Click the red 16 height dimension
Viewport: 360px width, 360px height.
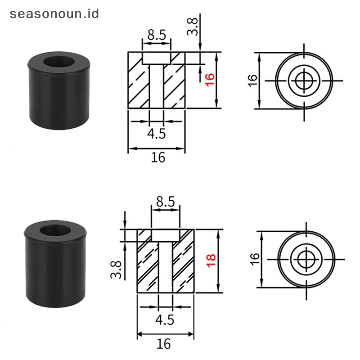click(209, 80)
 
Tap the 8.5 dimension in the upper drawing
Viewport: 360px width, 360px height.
click(157, 35)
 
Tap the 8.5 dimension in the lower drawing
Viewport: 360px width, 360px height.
click(165, 202)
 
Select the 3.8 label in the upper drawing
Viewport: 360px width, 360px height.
click(193, 27)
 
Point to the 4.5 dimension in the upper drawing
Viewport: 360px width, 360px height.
click(157, 133)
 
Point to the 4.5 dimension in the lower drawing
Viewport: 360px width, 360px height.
click(165, 319)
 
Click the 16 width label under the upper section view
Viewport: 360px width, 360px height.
click(158, 157)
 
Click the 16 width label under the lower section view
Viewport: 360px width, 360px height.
click(164, 344)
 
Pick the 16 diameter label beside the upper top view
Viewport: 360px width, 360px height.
click(252, 80)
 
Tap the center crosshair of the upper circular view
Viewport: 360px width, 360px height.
click(305, 81)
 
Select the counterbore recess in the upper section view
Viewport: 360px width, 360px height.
click(157, 57)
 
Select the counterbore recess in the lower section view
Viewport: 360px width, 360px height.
click(165, 235)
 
